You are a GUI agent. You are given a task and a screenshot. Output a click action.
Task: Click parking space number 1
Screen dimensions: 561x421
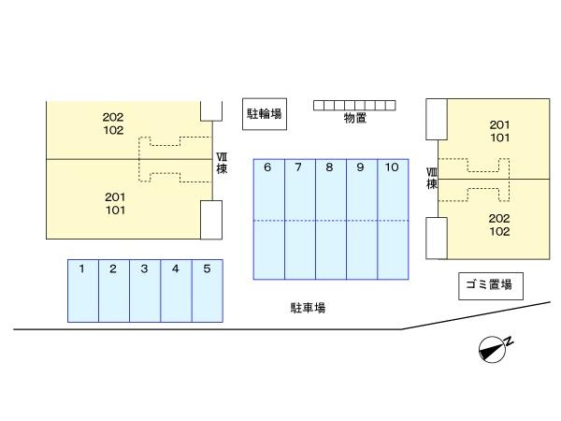[x=83, y=291]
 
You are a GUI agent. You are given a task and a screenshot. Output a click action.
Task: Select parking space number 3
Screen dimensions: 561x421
[x=145, y=291]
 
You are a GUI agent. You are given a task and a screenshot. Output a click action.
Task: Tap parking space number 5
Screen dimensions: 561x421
[x=208, y=291]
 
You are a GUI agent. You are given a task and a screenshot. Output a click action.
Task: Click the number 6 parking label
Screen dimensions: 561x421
[x=267, y=167]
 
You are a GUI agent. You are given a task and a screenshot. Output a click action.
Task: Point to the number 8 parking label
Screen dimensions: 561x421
[x=329, y=167]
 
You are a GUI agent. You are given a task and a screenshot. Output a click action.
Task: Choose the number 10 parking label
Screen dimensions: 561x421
[x=392, y=167]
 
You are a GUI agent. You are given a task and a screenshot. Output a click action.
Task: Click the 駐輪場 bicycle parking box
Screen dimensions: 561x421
[x=265, y=114]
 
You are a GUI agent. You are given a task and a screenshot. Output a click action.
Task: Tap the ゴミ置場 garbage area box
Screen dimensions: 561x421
[x=491, y=286]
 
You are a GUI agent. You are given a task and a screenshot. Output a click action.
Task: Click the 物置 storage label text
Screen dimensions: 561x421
[x=355, y=118]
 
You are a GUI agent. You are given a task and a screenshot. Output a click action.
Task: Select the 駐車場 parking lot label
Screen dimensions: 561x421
[x=308, y=308]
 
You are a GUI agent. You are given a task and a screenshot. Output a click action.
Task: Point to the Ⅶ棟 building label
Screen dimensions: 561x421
[x=222, y=163]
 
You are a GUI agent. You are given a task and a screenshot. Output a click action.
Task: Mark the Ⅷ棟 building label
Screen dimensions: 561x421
[x=432, y=179]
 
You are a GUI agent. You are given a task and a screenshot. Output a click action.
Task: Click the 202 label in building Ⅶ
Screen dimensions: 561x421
[x=113, y=117]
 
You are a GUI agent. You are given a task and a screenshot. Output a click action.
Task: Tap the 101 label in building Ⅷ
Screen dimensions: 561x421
[x=500, y=138]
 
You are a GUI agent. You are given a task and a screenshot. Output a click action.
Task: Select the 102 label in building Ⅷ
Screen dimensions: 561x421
[x=499, y=231]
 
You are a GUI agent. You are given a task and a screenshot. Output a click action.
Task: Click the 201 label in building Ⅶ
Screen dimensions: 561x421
[x=115, y=196]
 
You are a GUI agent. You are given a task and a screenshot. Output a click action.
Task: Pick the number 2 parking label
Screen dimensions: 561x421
[x=113, y=269]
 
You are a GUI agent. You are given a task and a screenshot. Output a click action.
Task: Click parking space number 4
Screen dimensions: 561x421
[x=176, y=291]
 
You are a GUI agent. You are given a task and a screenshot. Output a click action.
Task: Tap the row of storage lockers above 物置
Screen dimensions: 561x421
[x=354, y=105]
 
